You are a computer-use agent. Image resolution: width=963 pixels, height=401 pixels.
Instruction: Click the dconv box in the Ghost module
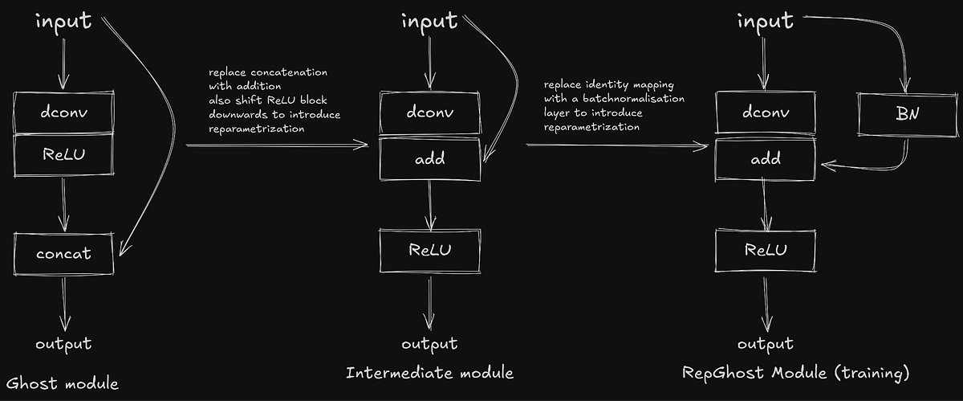click(63, 113)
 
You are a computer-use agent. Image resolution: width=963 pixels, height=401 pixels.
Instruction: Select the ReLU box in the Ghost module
click(63, 156)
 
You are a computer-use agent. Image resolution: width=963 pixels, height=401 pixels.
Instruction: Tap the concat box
click(63, 254)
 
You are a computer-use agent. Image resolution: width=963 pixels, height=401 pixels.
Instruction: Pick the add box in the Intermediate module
click(430, 158)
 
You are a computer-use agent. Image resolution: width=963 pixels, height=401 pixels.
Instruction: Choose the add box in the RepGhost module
click(766, 158)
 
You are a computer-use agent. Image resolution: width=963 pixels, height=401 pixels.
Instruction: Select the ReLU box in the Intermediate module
click(430, 249)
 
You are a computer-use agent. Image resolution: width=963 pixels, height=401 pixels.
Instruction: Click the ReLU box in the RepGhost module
click(766, 249)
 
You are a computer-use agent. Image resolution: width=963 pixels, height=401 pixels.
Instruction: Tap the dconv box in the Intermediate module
click(430, 113)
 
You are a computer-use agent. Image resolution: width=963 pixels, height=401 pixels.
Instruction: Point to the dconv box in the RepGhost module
click(766, 113)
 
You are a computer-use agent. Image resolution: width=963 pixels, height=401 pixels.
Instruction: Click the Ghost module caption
click(62, 383)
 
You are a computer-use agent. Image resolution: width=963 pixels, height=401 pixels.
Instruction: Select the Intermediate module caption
click(429, 373)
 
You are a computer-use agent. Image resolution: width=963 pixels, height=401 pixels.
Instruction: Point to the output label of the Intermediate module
click(429, 344)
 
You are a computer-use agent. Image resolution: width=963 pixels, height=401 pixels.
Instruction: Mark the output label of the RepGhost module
click(765, 344)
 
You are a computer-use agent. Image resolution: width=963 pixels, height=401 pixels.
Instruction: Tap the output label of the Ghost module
click(63, 344)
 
